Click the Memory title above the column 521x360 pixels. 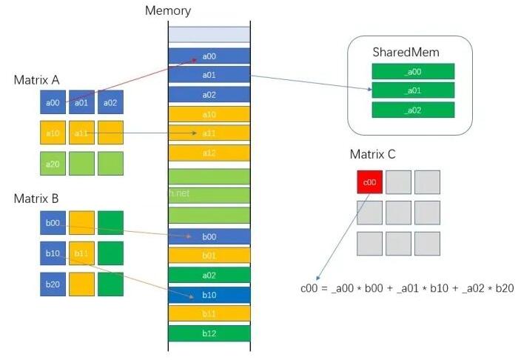[x=167, y=10]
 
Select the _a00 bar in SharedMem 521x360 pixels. [x=412, y=71]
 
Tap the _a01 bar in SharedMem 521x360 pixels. [x=412, y=90]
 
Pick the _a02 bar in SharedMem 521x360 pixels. [x=412, y=110]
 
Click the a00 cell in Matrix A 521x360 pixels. [x=52, y=103]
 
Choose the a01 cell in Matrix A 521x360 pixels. [x=81, y=103]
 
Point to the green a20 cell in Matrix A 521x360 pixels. [x=52, y=163]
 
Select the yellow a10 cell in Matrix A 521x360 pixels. [x=52, y=133]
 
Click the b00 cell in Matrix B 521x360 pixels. [x=52, y=222]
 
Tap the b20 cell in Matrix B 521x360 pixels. [x=52, y=284]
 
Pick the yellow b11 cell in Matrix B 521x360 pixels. [x=81, y=253]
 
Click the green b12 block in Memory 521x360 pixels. [x=209, y=333]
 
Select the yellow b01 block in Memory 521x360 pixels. [x=209, y=256]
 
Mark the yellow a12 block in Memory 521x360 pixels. [x=209, y=153]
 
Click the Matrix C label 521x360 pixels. [x=372, y=154]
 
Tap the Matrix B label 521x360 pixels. [x=36, y=199]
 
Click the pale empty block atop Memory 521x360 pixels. [x=209, y=34]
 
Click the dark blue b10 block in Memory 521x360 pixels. [x=209, y=294]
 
